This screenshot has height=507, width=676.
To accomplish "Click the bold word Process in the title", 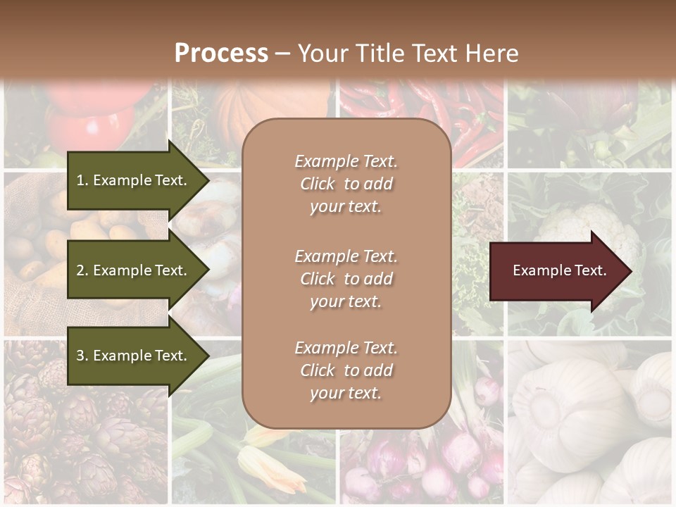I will (x=221, y=53).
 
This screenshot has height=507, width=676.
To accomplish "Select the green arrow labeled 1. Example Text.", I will (x=134, y=180).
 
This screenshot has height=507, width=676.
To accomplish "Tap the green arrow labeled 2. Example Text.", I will (x=134, y=270).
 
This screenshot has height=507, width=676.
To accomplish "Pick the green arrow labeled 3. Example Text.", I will (x=134, y=356).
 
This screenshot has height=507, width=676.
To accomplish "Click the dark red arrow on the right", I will (x=556, y=270).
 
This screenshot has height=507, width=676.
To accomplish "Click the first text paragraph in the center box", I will (x=346, y=184).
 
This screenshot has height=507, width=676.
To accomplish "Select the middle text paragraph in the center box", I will (x=346, y=279).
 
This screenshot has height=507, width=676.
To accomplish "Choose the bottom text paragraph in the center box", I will (x=346, y=370).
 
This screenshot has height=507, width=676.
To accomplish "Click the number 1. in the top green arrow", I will (x=82, y=180).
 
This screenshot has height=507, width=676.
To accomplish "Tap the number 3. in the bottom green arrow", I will (x=82, y=356).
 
